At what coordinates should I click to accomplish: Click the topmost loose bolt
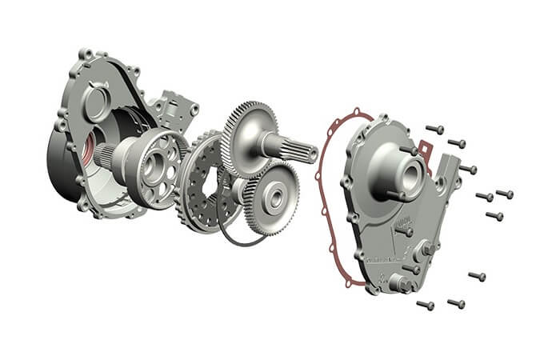(x=434, y=128)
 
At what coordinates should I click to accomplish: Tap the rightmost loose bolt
(x=505, y=194)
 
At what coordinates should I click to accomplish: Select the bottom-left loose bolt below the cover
(x=426, y=305)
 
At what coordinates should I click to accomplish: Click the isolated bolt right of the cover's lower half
(x=477, y=277)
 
